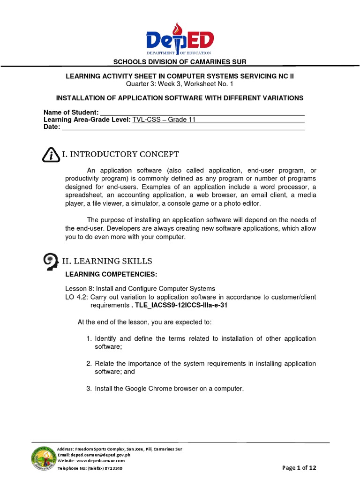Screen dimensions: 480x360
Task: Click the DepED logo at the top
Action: pyautogui.click(x=180, y=40)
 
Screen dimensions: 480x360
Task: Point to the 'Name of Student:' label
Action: pyautogui.click(x=71, y=112)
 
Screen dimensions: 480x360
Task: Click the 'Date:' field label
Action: pyautogui.click(x=52, y=127)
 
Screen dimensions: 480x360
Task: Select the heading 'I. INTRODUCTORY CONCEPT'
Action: pyautogui.click(x=120, y=154)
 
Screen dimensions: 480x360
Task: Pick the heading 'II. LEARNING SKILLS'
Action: pyautogui.click(x=107, y=261)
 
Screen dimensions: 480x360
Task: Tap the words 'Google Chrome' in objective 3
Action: pyautogui.click(x=148, y=389)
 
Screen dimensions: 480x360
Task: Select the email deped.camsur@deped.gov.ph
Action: pyautogui.click(x=107, y=455)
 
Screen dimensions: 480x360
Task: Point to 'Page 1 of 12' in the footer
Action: pyautogui.click(x=300, y=468)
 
